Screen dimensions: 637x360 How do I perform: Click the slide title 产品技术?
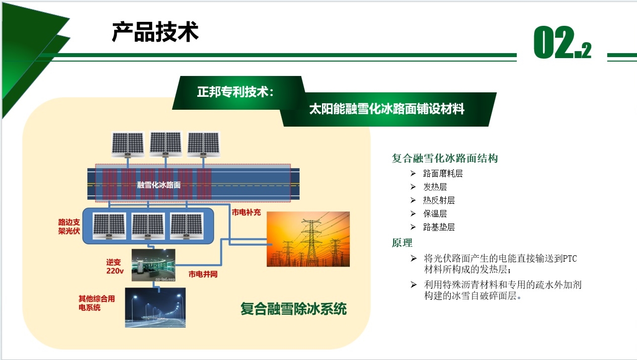[155, 32]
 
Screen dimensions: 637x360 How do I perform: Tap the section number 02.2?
[562, 42]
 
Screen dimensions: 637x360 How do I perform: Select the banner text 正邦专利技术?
[233, 92]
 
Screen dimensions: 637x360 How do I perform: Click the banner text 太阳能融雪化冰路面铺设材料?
[387, 109]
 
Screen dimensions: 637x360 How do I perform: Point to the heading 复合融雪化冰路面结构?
[445, 158]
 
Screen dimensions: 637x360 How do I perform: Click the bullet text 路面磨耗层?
[443, 173]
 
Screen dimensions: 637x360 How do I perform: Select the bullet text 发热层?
[435, 187]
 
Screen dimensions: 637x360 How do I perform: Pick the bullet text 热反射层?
[439, 200]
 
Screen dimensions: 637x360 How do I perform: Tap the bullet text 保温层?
[435, 214]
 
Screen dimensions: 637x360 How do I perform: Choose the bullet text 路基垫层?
[439, 227]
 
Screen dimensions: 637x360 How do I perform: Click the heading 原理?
[402, 243]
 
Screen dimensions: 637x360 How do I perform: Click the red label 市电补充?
[246, 212]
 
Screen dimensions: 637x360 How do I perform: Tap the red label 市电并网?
[203, 274]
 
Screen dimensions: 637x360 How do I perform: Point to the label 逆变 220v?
[115, 267]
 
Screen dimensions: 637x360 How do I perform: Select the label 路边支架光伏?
[69, 226]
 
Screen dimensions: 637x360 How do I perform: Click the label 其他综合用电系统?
[97, 303]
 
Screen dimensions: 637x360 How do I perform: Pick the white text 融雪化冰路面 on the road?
[159, 185]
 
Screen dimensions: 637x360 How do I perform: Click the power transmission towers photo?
[308, 239]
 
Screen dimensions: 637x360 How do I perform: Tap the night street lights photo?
[155, 307]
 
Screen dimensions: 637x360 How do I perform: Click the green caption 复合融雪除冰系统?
[294, 309]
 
